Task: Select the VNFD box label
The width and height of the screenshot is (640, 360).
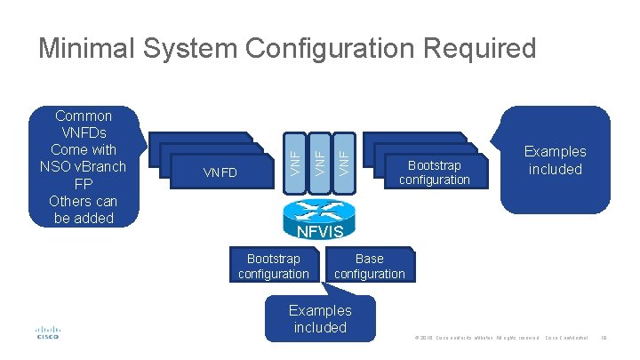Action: pos(220,172)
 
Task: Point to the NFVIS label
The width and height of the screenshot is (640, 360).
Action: pos(319,233)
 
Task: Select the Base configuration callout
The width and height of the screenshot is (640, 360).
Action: pos(370,266)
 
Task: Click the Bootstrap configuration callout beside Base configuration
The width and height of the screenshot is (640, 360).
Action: pos(273,266)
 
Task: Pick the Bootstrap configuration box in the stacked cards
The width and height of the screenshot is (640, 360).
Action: pos(435,172)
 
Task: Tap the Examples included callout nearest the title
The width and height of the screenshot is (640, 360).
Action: pos(555,160)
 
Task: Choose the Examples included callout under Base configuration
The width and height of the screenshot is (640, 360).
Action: pos(320,318)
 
